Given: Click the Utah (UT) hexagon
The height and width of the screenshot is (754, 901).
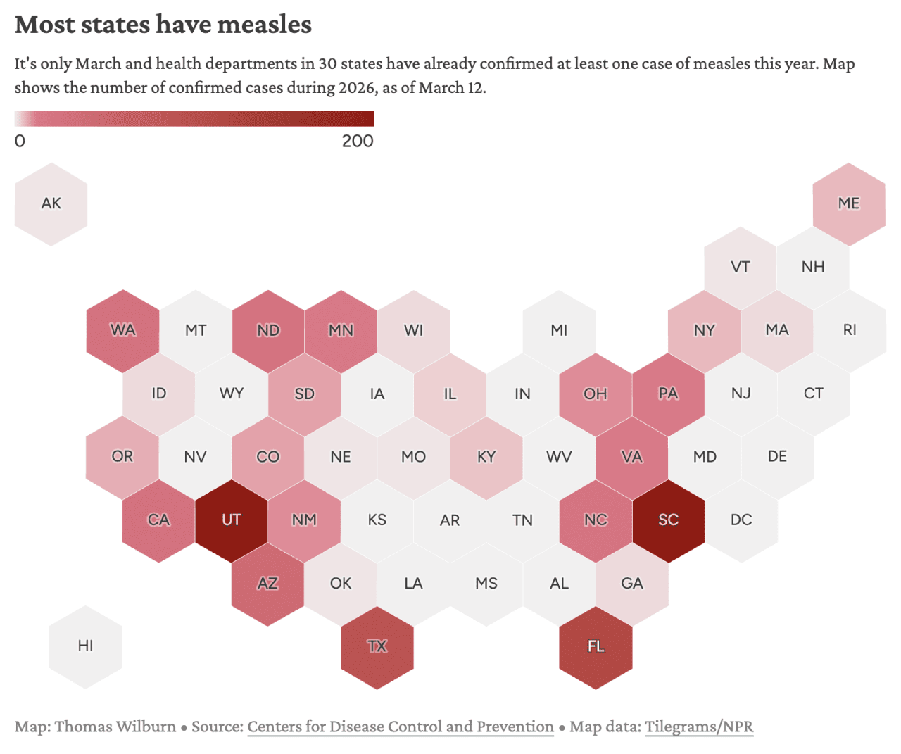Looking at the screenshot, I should pyautogui.click(x=232, y=520).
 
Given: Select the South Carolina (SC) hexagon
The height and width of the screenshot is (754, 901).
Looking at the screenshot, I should pyautogui.click(x=668, y=520).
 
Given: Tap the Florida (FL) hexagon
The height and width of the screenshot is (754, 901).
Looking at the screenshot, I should pyautogui.click(x=596, y=647).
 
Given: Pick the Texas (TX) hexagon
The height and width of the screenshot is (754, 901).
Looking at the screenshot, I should pyautogui.click(x=377, y=647).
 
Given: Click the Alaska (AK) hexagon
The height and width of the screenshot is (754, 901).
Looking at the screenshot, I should pyautogui.click(x=51, y=204).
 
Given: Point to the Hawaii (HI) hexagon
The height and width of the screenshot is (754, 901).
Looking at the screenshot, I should pyautogui.click(x=86, y=646).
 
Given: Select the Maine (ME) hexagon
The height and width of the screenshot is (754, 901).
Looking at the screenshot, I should pyautogui.click(x=848, y=204).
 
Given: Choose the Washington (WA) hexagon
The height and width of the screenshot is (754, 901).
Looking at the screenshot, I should pyautogui.click(x=123, y=330).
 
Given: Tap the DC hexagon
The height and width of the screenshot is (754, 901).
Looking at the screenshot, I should pyautogui.click(x=741, y=520).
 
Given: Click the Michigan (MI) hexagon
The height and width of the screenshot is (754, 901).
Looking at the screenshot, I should pyautogui.click(x=559, y=330).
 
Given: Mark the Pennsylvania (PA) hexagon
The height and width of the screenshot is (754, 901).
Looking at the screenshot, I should pyautogui.click(x=668, y=394).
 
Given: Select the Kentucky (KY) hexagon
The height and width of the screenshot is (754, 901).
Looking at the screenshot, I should pyautogui.click(x=486, y=457).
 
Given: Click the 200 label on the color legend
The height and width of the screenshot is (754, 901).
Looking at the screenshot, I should pyautogui.click(x=358, y=141).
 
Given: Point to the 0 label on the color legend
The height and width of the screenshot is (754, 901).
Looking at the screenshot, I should pyautogui.click(x=20, y=141).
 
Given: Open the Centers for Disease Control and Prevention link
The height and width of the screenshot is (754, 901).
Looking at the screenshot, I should pyautogui.click(x=400, y=727).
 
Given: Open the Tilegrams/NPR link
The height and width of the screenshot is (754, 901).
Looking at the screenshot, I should pyautogui.click(x=698, y=727).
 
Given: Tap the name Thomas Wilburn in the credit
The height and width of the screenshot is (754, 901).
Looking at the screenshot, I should pyautogui.click(x=115, y=727).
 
